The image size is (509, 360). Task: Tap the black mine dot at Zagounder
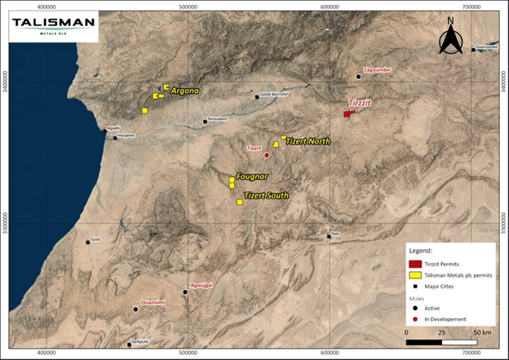click(358, 77)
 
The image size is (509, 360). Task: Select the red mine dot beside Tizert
click(267, 155)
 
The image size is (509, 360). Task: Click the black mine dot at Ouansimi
click(135, 309)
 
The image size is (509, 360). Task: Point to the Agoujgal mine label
click(201, 286)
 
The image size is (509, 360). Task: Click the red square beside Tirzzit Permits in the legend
click(416, 264)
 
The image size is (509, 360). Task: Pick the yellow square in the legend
click(416, 275)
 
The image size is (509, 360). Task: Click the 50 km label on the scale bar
click(482, 333)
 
